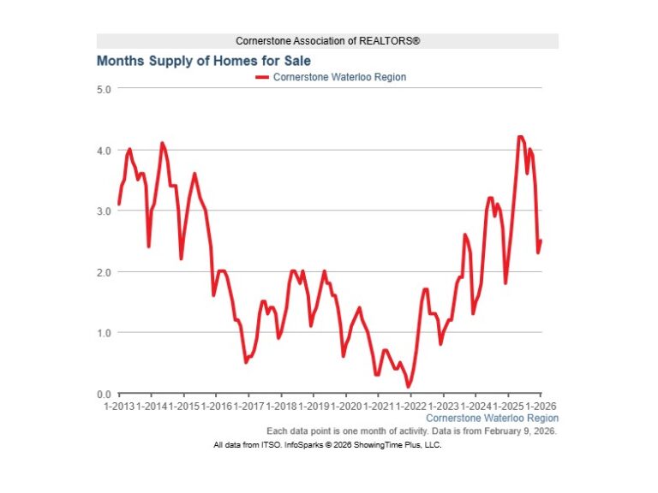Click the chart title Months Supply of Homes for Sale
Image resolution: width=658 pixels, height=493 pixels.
pyautogui.click(x=203, y=61)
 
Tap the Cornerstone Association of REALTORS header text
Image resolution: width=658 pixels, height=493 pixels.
pyautogui.click(x=327, y=41)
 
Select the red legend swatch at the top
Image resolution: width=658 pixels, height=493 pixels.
pyautogui.click(x=262, y=77)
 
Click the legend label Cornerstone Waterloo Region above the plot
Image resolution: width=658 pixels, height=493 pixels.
pyautogui.click(x=339, y=77)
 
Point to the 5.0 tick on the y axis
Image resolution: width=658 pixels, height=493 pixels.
pyautogui.click(x=104, y=89)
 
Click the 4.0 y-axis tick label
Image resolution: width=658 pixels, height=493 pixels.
pyautogui.click(x=104, y=151)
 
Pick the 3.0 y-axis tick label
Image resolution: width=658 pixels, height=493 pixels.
pyautogui.click(x=104, y=211)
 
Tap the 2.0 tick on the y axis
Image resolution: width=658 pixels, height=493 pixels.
pyautogui.click(x=104, y=272)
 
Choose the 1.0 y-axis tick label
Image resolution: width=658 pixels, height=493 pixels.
pyautogui.click(x=104, y=333)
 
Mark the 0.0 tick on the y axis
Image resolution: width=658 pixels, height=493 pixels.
pyautogui.click(x=104, y=394)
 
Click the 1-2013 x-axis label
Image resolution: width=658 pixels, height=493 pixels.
pyautogui.click(x=119, y=405)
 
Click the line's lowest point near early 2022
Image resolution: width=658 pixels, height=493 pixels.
pyautogui.click(x=409, y=387)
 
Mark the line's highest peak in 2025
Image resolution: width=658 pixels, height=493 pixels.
pyautogui.click(x=520, y=137)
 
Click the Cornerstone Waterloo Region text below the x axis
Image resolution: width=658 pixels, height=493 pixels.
pyautogui.click(x=492, y=419)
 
